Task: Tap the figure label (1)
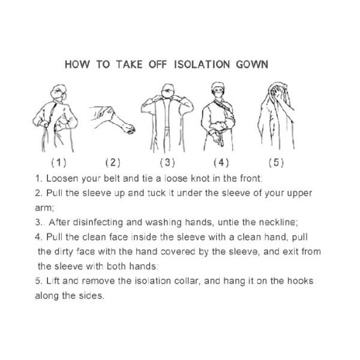pos(59,162)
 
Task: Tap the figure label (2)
pos(113,162)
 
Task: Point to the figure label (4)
pos(221,162)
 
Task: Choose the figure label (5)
pos(276,162)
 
